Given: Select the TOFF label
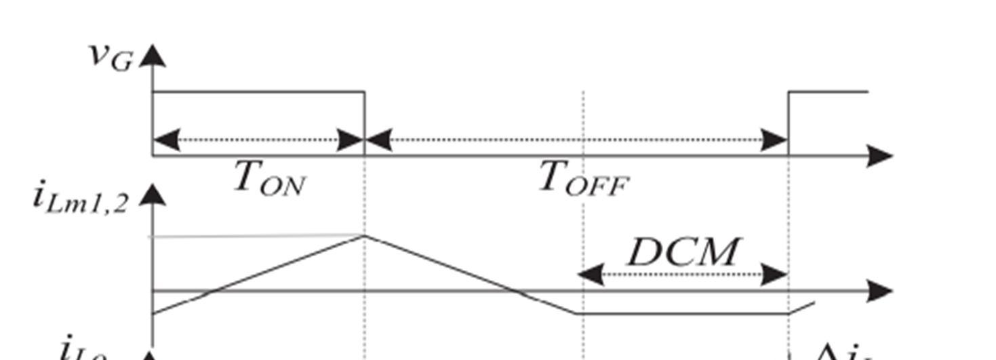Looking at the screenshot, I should coord(584,180).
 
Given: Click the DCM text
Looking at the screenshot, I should coord(682,252).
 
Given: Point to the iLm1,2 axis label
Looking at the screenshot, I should coord(80,199).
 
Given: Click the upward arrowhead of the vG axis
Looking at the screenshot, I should coord(154,56).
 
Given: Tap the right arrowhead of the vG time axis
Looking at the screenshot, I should coord(880,157).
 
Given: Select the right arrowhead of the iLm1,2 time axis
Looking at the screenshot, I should coord(880,291).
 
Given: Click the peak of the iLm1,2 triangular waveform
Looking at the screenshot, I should coord(365,235).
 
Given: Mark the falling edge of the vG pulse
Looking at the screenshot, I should coord(365,122).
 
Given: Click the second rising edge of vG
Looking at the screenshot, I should coord(789,122).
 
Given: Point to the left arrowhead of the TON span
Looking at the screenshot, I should coord(167,141).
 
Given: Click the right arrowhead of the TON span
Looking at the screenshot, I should coord(351,141).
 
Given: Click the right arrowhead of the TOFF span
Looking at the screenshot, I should coord(775,141).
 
